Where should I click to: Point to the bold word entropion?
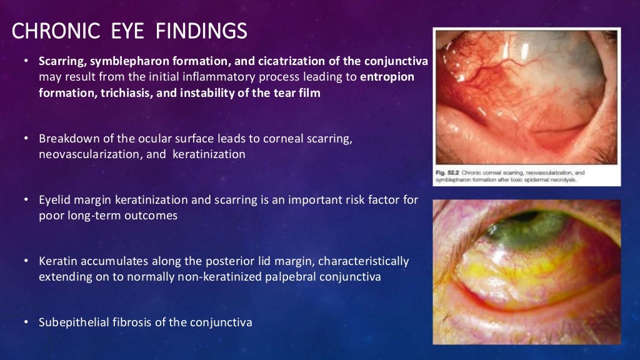tap(387, 77)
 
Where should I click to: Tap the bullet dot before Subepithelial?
tap(26, 322)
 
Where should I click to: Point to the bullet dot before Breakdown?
tap(26, 139)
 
